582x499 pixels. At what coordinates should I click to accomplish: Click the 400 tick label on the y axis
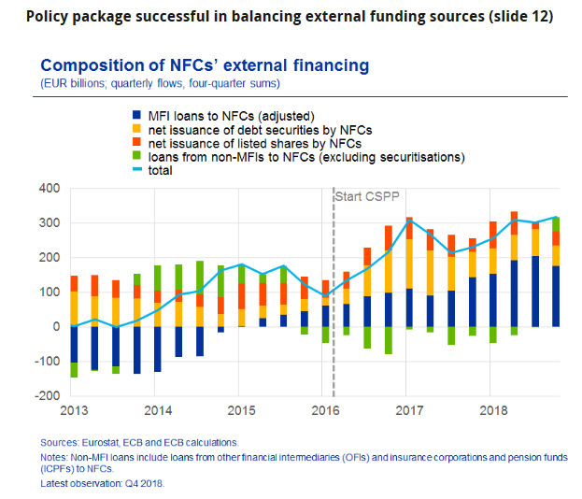click(50, 188)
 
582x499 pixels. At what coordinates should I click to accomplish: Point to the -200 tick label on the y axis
click(47, 395)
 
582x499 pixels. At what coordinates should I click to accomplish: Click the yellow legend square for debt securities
click(137, 130)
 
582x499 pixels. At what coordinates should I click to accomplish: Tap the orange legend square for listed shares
click(137, 144)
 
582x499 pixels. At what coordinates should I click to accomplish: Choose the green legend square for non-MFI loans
click(137, 157)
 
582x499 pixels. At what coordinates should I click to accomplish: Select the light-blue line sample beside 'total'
click(137, 171)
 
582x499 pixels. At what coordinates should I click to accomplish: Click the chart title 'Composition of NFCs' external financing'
click(205, 65)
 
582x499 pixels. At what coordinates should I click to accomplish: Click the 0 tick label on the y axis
click(57, 326)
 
